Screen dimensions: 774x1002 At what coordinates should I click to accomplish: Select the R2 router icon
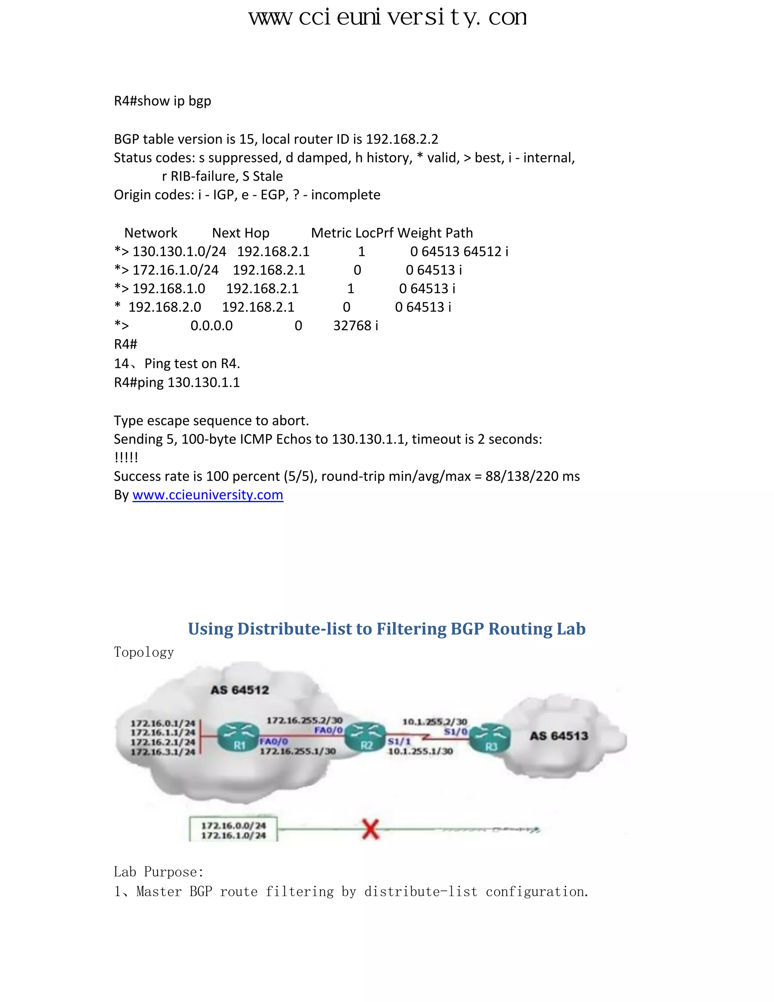pyautogui.click(x=365, y=737)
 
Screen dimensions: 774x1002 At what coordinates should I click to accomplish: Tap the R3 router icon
pyautogui.click(x=490, y=738)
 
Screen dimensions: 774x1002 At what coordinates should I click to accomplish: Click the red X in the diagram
pyautogui.click(x=370, y=829)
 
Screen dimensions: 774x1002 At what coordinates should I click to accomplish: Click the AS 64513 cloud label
pyautogui.click(x=559, y=736)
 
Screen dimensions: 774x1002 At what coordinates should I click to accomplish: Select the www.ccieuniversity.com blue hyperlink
pyautogui.click(x=208, y=495)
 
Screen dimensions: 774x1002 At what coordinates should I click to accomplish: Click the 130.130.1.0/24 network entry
pyautogui.click(x=179, y=251)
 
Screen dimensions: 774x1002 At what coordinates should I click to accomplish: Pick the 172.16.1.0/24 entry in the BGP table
pyautogui.click(x=175, y=270)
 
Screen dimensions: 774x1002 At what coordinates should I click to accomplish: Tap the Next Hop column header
pyautogui.click(x=241, y=233)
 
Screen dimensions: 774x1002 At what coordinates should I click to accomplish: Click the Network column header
pyautogui.click(x=150, y=233)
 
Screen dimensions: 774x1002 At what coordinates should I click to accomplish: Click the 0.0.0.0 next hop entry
pyautogui.click(x=211, y=326)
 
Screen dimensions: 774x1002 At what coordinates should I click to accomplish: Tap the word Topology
pyautogui.click(x=144, y=652)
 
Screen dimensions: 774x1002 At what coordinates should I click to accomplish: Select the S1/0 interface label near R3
pyautogui.click(x=455, y=731)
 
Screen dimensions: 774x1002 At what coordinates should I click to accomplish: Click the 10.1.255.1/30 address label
pyautogui.click(x=420, y=751)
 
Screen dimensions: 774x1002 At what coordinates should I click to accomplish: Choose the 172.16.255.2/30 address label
pyautogui.click(x=305, y=720)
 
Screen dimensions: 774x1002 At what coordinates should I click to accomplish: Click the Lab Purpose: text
pyautogui.click(x=159, y=872)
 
